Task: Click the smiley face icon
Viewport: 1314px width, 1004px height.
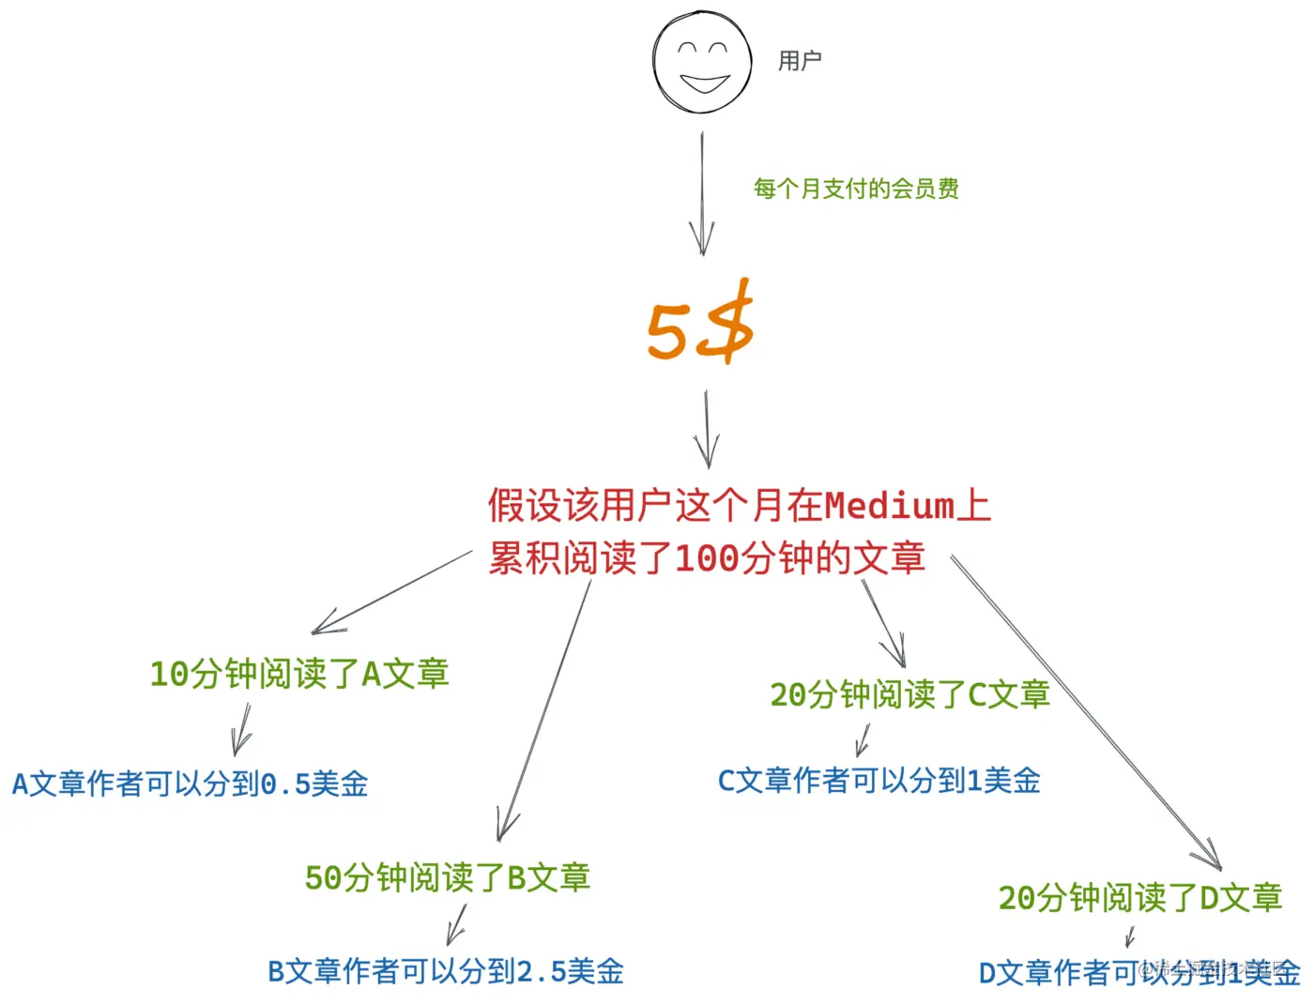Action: [702, 62]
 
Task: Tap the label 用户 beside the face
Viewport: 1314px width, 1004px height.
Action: [800, 61]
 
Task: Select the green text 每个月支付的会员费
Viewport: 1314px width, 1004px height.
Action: [856, 189]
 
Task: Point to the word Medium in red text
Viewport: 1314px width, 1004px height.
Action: [889, 506]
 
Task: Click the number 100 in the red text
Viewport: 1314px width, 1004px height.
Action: [707, 559]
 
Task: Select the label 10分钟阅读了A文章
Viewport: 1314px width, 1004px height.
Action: [299, 674]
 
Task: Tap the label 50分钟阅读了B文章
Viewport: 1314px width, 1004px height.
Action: [448, 878]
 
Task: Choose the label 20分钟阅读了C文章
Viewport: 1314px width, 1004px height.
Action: [909, 695]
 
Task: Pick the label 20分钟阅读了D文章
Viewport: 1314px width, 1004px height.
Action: [1139, 898]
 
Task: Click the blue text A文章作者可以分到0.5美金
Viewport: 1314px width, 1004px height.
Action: [191, 783]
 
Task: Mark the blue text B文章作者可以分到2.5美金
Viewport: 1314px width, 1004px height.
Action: [446, 971]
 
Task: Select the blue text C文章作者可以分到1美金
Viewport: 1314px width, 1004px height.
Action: [879, 781]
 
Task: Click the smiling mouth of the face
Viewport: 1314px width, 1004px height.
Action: [705, 84]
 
